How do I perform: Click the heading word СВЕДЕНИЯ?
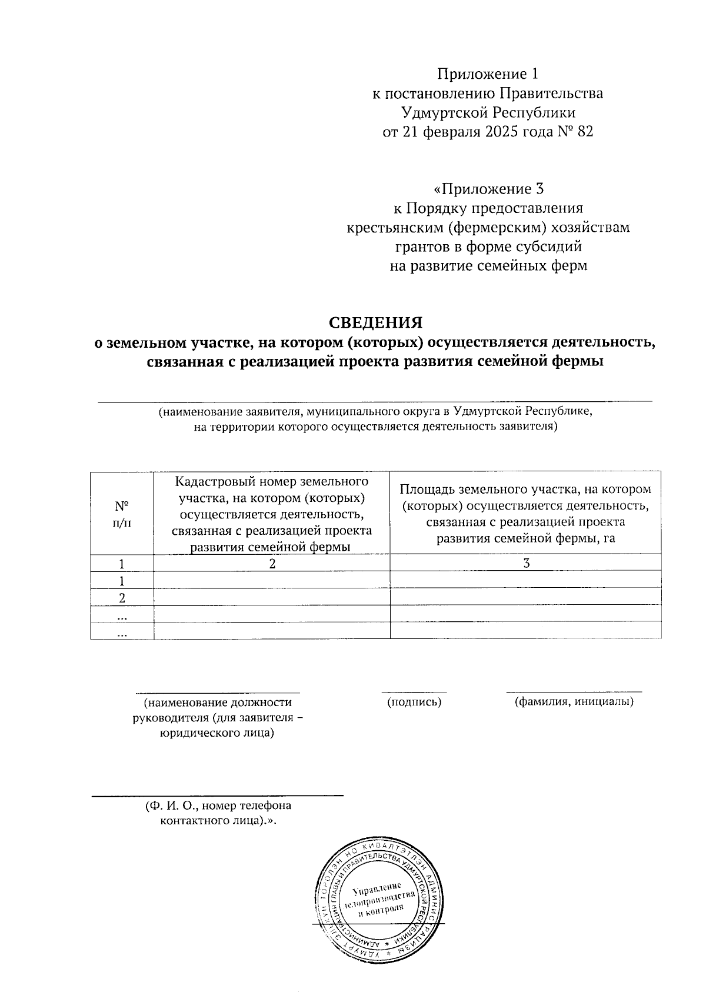[x=375, y=323]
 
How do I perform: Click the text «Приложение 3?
[x=488, y=189]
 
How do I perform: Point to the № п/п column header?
[x=121, y=512]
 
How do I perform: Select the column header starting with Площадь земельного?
[x=525, y=513]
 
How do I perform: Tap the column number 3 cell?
[x=527, y=563]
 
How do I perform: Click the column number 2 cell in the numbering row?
[x=271, y=563]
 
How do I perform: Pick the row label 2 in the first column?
[x=122, y=597]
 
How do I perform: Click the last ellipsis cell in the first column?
[x=122, y=632]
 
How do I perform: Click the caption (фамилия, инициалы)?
[x=574, y=701]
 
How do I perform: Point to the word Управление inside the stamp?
[x=377, y=888]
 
